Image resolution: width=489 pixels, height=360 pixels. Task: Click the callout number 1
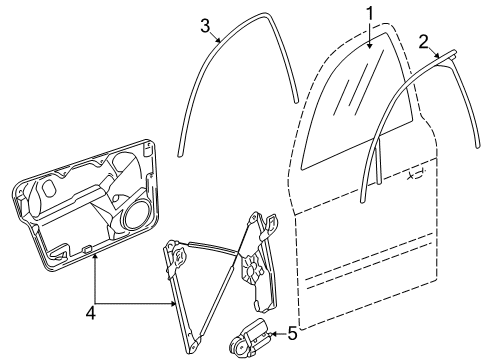[370, 14]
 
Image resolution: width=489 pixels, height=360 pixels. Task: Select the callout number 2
[423, 42]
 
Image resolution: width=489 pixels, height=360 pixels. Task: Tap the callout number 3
[205, 26]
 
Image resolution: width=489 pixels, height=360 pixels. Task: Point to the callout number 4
[91, 314]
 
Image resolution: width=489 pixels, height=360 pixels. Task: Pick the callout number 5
[292, 333]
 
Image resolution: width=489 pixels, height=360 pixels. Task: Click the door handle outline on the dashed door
[416, 174]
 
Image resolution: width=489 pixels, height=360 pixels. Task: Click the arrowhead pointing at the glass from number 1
[370, 46]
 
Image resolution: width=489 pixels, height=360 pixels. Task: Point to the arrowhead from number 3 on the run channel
[218, 41]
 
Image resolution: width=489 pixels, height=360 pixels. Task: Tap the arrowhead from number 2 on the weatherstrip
[437, 56]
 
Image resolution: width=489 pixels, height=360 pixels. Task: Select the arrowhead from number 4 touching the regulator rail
[173, 303]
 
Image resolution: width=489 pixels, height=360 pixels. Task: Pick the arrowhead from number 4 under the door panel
[96, 256]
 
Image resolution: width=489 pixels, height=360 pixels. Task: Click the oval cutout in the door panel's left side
[49, 189]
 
